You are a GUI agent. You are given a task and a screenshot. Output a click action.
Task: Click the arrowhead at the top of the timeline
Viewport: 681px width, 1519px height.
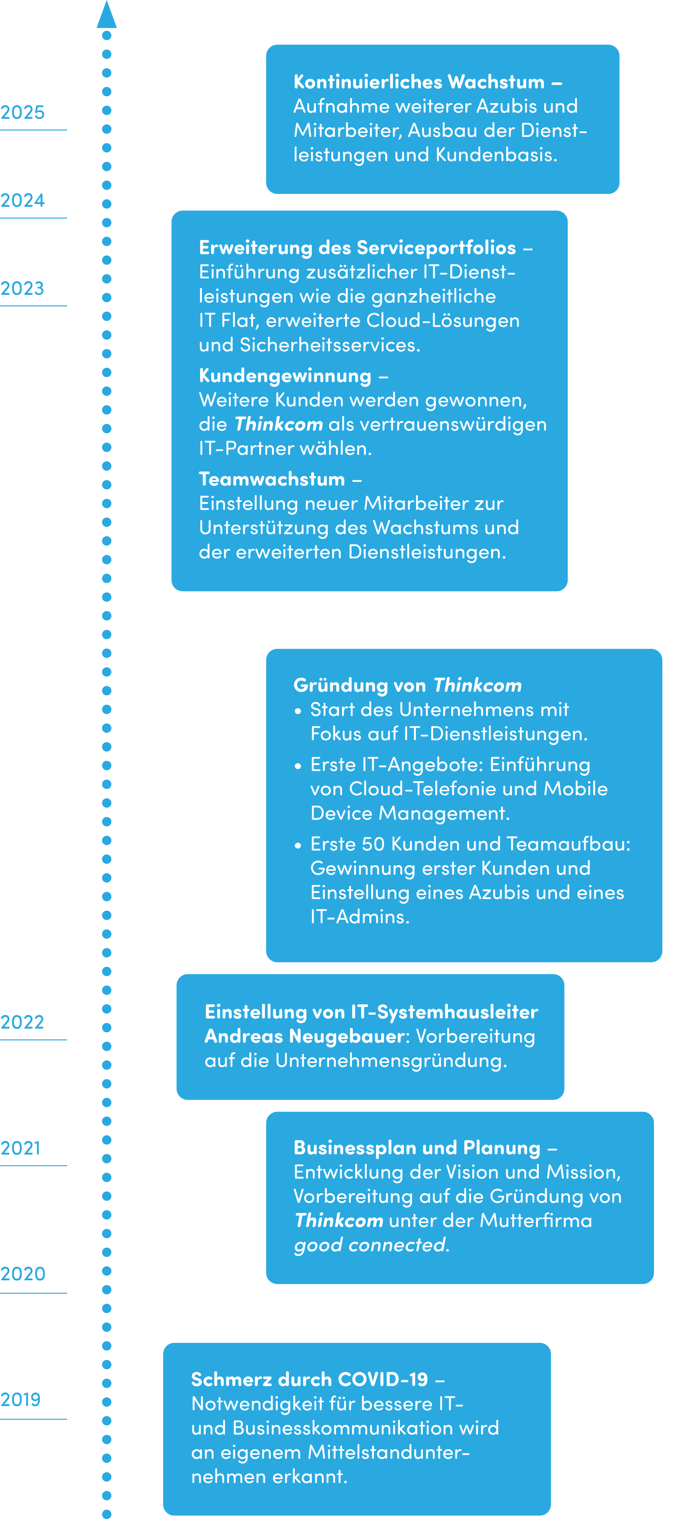click(x=107, y=15)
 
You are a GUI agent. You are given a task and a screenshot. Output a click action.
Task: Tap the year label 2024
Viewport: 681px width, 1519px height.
click(x=22, y=201)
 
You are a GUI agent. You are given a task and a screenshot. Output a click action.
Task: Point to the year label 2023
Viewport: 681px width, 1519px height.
click(x=22, y=288)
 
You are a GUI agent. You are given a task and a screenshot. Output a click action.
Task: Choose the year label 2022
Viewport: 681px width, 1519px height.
click(x=22, y=1022)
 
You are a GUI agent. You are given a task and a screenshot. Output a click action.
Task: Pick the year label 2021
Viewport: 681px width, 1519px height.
click(x=21, y=1148)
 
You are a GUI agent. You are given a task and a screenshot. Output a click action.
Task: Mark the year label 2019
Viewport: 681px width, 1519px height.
click(x=21, y=1399)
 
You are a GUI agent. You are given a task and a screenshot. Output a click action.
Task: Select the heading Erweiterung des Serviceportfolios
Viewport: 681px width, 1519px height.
click(x=358, y=248)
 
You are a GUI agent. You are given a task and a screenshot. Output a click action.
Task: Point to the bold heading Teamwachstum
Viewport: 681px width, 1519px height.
click(x=272, y=479)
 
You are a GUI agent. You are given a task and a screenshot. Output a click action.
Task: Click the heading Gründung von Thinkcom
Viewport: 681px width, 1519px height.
click(x=408, y=685)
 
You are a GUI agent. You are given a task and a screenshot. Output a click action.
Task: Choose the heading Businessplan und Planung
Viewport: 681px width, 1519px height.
click(x=417, y=1148)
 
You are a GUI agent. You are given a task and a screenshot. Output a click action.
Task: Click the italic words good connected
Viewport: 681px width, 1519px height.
click(x=370, y=1245)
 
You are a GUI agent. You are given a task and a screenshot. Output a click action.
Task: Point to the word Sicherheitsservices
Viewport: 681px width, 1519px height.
click(x=330, y=345)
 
